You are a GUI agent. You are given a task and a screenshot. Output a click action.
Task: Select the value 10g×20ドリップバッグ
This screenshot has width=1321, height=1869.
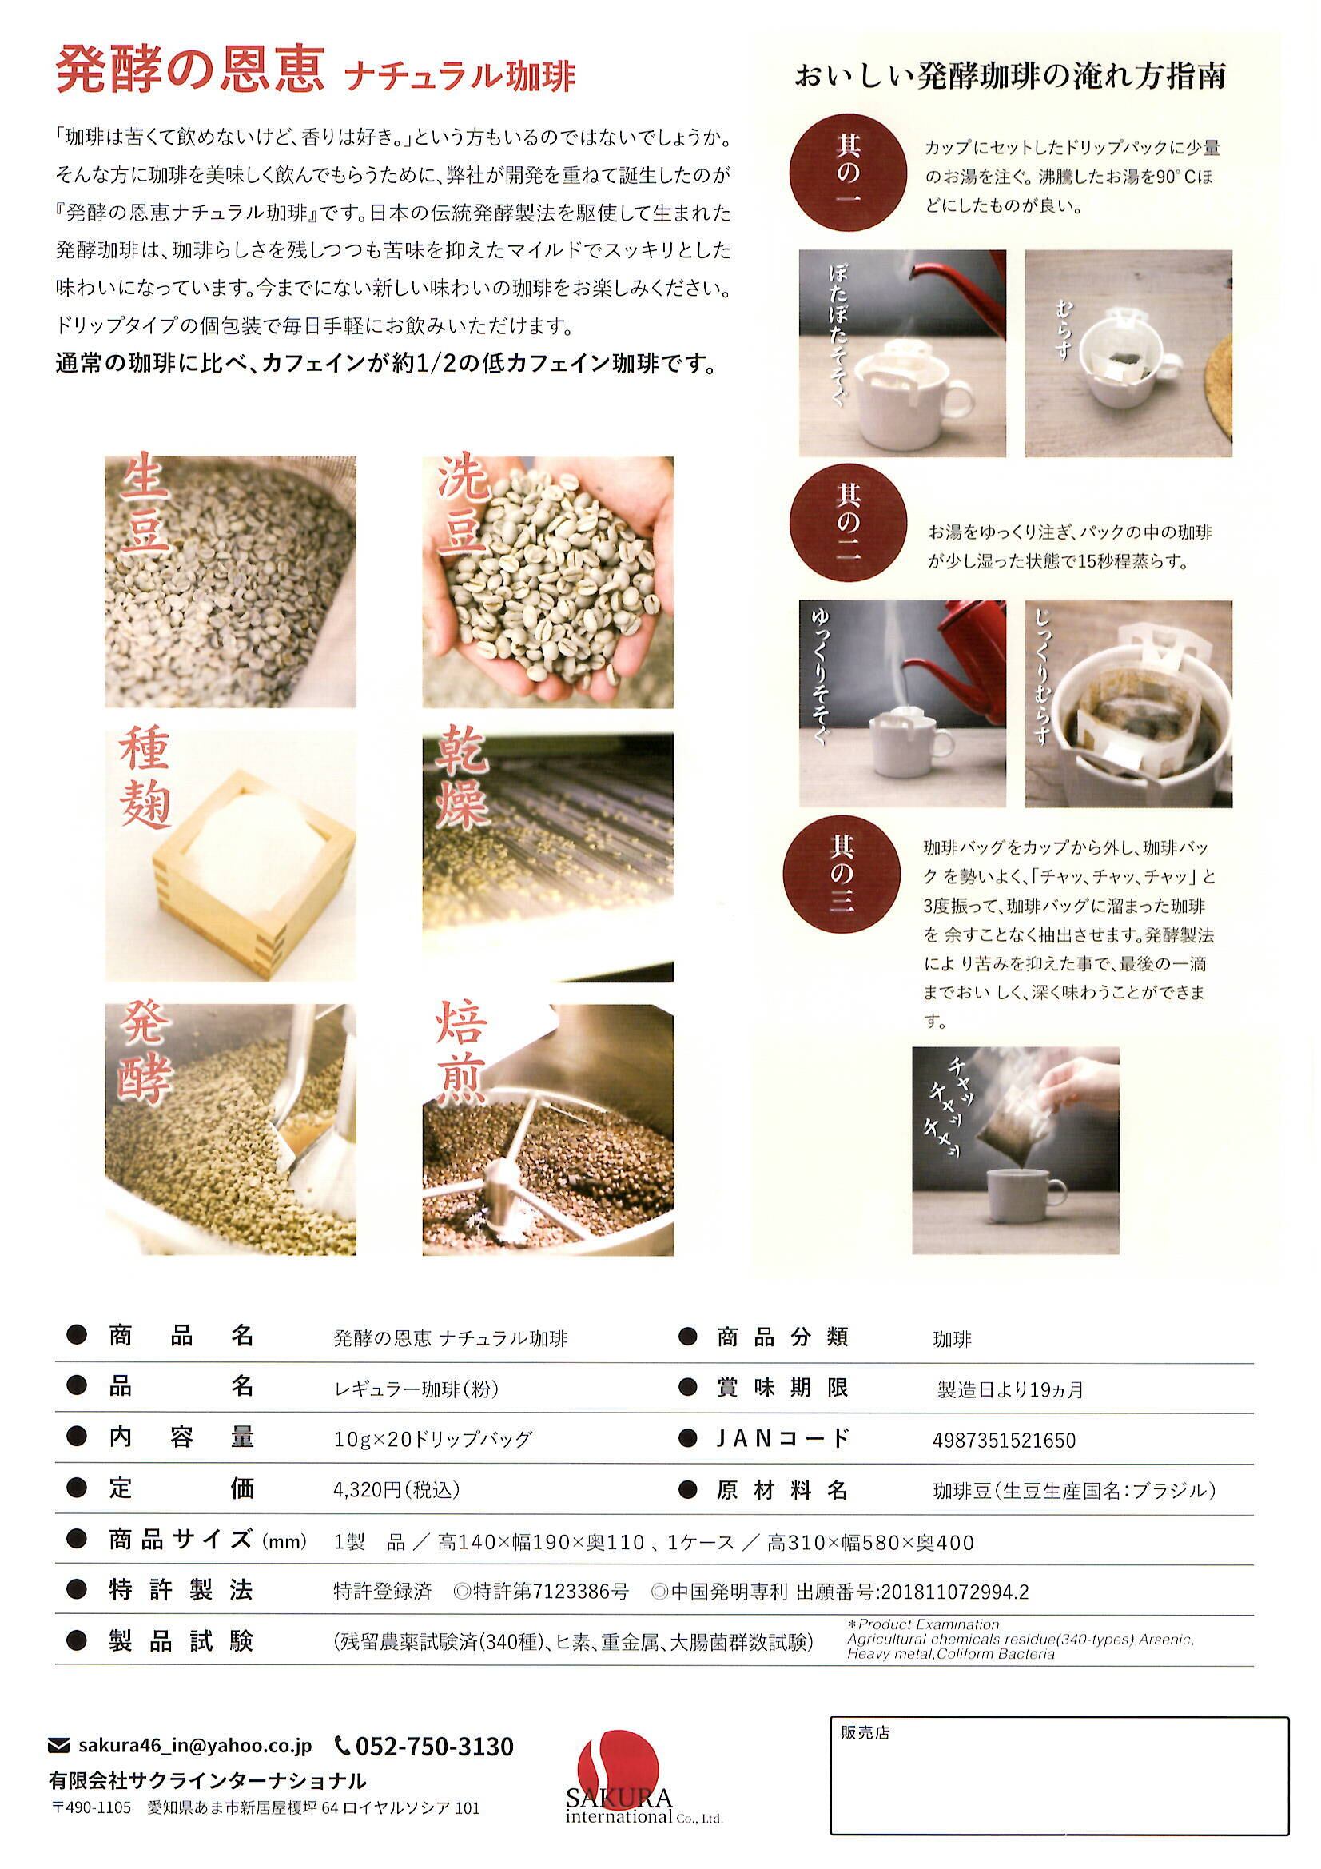[432, 1439]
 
